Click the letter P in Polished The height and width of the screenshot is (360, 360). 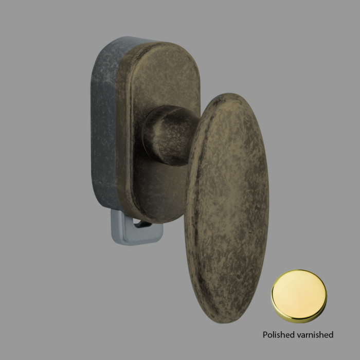coord(265,335)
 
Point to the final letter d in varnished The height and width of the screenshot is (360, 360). coord(331,335)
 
